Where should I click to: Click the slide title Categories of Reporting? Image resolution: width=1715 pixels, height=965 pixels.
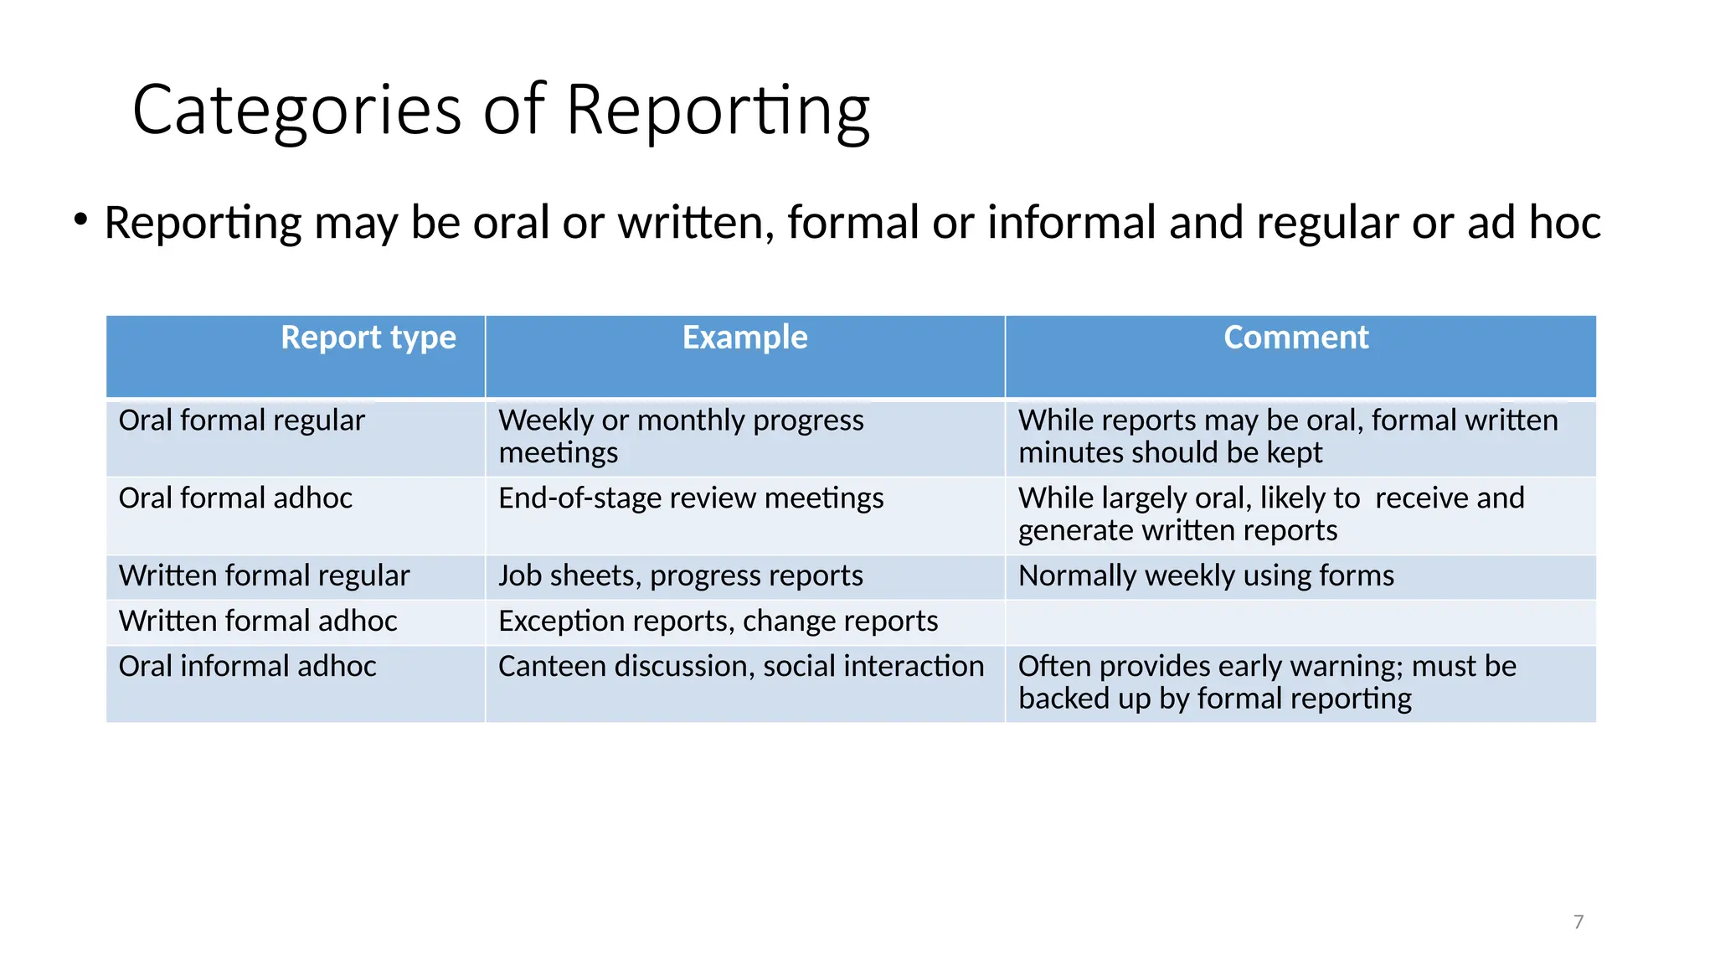(x=501, y=110)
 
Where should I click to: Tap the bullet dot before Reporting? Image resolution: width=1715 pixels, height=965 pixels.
(x=80, y=220)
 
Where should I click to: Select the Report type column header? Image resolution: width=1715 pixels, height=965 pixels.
(x=368, y=338)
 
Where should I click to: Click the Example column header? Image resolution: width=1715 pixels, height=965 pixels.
(x=744, y=338)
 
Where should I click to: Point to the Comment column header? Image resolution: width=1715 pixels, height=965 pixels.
(x=1295, y=338)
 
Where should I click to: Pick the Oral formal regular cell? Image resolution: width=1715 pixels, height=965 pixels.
(x=242, y=421)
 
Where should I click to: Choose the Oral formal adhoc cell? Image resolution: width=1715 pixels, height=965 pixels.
(x=235, y=498)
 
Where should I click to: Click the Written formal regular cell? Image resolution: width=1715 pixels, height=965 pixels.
(x=264, y=576)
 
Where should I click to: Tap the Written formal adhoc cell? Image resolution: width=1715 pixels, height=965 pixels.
(x=258, y=622)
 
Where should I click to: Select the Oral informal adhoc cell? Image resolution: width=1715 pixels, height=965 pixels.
(x=247, y=667)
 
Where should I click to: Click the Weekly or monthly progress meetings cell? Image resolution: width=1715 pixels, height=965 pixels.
(x=680, y=436)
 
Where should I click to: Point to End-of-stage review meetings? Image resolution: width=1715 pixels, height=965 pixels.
(x=691, y=498)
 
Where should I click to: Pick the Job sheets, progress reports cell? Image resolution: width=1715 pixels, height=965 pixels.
(x=680, y=576)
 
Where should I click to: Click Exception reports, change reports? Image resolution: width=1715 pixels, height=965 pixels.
(x=718, y=622)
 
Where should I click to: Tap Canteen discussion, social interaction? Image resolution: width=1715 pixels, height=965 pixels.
(x=741, y=667)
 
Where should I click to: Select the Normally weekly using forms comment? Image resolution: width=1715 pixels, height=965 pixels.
(x=1206, y=576)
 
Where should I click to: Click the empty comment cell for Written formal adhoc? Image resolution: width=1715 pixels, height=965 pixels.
(x=1300, y=622)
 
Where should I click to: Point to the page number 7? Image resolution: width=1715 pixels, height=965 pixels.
(x=1579, y=922)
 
